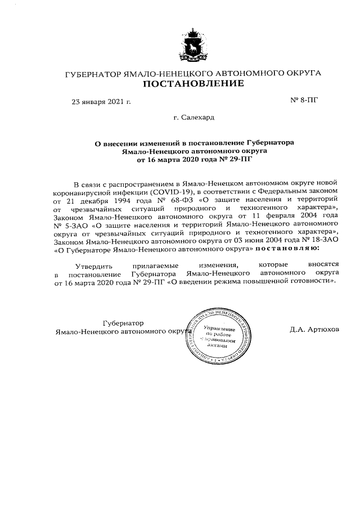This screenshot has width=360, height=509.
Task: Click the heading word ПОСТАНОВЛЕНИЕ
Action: pyautogui.click(x=192, y=84)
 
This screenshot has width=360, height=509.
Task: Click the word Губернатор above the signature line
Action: pyautogui.click(x=123, y=323)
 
